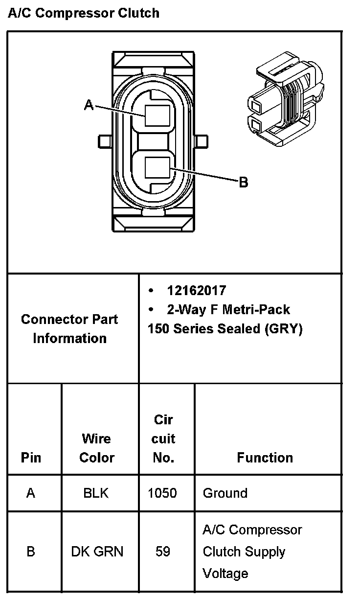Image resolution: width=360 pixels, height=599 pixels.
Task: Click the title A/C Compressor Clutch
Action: (x=84, y=13)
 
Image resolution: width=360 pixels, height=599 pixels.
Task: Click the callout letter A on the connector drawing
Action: (x=89, y=105)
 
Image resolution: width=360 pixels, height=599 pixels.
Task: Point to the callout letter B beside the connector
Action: (x=243, y=183)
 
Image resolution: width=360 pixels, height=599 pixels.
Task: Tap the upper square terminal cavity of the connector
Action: (x=158, y=115)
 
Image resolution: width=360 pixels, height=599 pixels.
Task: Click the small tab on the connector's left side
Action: (x=105, y=141)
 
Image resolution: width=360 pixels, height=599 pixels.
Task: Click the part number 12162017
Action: (x=197, y=291)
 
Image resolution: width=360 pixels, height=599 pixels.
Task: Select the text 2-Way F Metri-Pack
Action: (x=228, y=310)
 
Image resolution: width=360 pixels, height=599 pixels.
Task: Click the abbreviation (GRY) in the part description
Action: (x=283, y=329)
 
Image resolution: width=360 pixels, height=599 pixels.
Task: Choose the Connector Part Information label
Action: (x=69, y=329)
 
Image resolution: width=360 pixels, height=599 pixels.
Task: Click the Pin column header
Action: (x=31, y=458)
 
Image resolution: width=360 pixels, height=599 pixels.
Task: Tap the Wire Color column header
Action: (x=97, y=448)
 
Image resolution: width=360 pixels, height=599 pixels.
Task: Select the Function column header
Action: (x=265, y=458)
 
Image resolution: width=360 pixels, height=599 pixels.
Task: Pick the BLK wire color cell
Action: (x=96, y=493)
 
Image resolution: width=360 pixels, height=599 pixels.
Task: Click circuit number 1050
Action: (x=162, y=493)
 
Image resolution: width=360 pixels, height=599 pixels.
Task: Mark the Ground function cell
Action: (x=225, y=493)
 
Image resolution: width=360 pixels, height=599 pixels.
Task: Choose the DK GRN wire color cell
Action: (x=97, y=552)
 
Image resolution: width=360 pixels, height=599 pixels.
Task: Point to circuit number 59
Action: (x=163, y=552)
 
